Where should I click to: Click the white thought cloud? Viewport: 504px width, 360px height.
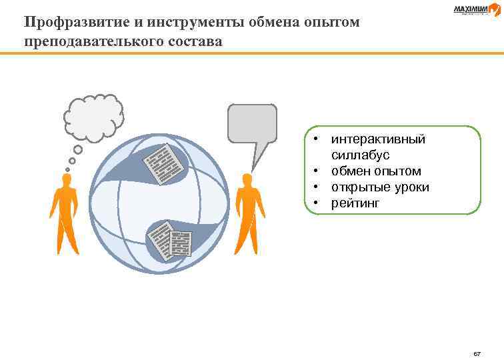[x=93, y=117]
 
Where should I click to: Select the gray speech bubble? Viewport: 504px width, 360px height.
[x=252, y=125]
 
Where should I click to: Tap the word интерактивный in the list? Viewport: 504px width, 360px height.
[x=378, y=140]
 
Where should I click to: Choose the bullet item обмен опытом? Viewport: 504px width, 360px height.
[x=376, y=171]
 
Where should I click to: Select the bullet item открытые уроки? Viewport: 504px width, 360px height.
[x=380, y=187]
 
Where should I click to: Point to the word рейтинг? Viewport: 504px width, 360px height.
[x=355, y=203]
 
